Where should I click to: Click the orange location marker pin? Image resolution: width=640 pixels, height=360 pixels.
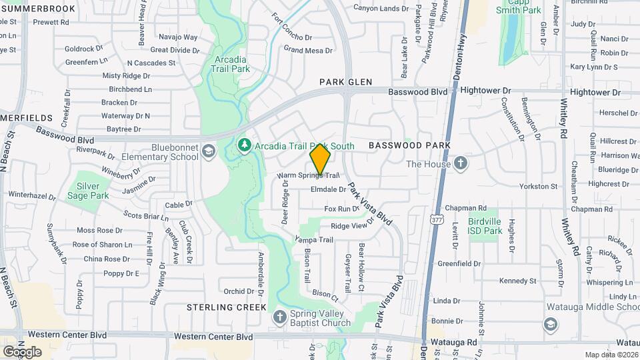321,160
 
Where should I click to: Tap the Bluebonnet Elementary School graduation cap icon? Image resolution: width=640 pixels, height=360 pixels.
209,151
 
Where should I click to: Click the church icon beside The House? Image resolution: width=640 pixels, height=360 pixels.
461,163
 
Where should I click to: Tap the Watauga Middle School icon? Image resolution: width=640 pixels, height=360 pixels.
551,325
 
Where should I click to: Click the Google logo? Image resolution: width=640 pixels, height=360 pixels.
23,351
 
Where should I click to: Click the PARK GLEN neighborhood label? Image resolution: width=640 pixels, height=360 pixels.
345,82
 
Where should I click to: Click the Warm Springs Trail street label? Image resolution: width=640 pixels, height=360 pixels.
303,175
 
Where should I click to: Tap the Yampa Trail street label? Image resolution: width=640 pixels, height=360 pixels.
314,239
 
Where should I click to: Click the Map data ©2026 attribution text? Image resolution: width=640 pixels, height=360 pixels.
611,355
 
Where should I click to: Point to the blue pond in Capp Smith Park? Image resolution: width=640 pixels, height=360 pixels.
511,37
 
